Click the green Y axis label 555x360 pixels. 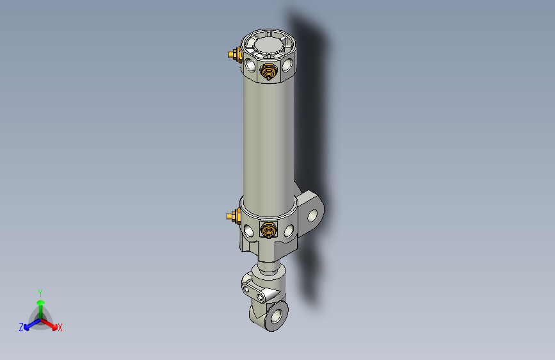point(40,292)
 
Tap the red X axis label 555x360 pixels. point(60,328)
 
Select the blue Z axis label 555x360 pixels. point(21,327)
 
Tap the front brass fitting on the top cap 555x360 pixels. point(269,72)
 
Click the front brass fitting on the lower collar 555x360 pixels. point(268,229)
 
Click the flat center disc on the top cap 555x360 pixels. point(269,45)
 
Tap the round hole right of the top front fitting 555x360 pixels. point(287,65)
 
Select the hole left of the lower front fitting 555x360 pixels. point(248,229)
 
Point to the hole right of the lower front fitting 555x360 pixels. point(289,229)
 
